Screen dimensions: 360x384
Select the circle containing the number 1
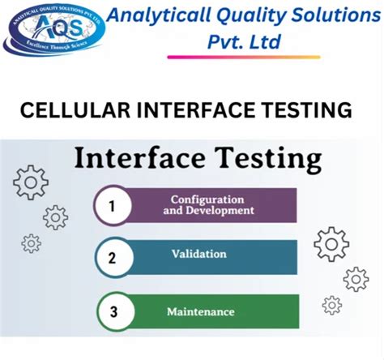point(113,206)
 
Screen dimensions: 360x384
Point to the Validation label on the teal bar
point(199,254)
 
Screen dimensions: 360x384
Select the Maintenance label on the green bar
point(201,311)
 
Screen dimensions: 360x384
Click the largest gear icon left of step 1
point(31,183)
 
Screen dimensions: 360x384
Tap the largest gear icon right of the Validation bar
point(331,243)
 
